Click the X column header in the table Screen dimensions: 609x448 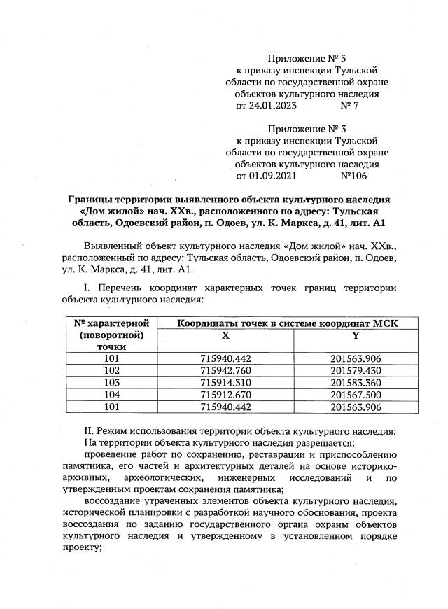coord(225,335)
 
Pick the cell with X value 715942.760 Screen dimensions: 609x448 coord(225,370)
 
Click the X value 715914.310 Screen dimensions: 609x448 coord(225,382)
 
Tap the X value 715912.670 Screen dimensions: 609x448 coord(225,394)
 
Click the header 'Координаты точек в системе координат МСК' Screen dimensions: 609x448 coord(287,323)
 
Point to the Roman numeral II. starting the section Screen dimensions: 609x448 coord(88,430)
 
